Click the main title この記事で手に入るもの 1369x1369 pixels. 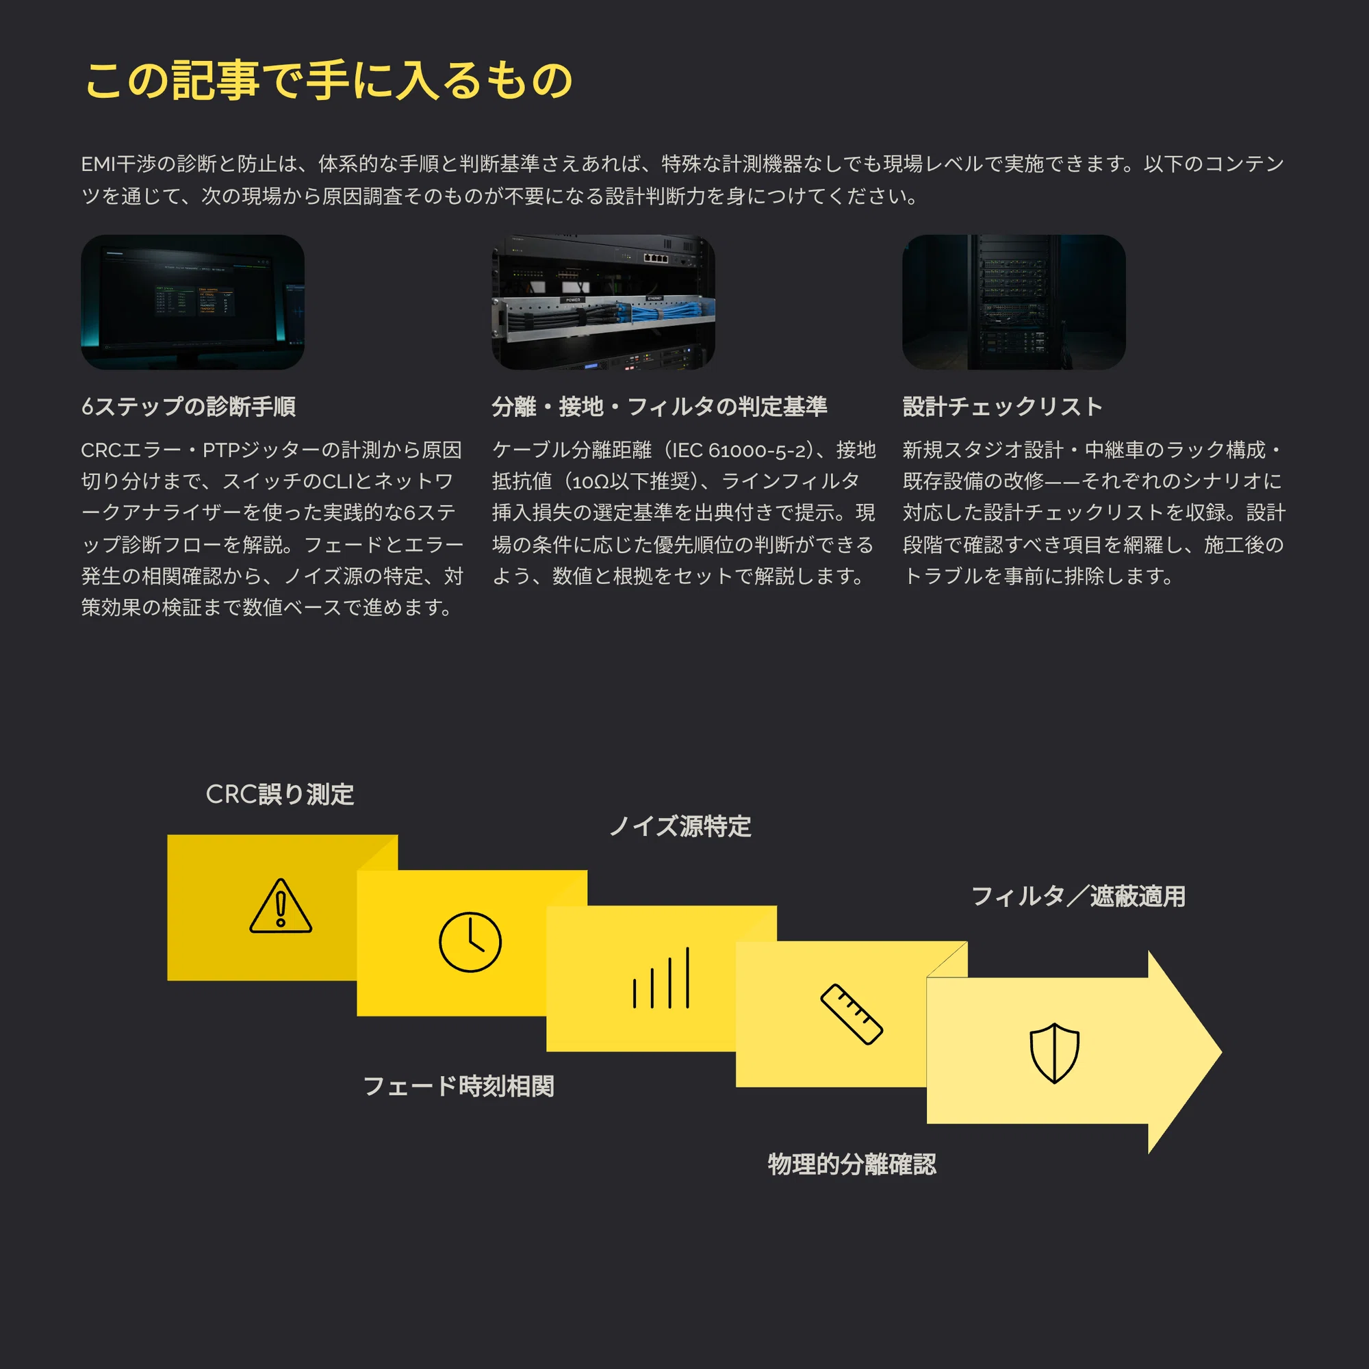tap(329, 79)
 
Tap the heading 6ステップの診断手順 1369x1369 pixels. tap(188, 407)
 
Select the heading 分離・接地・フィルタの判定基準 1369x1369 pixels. tap(660, 407)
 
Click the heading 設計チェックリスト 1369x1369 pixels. tap(1003, 407)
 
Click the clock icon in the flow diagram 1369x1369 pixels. tap(470, 942)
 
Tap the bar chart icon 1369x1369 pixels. tap(661, 977)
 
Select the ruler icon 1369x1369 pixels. tap(851, 1014)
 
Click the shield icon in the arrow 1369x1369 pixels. tap(1054, 1053)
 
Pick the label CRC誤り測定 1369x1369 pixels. tap(280, 794)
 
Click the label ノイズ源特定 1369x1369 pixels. tap(680, 826)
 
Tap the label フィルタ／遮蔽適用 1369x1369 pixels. tap(1078, 897)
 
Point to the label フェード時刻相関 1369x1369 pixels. tap(459, 1086)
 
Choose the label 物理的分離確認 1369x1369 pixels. tap(852, 1164)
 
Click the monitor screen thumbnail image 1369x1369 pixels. tap(193, 302)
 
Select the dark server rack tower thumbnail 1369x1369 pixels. tap(1014, 302)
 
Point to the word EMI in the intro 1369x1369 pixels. tap(98, 164)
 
